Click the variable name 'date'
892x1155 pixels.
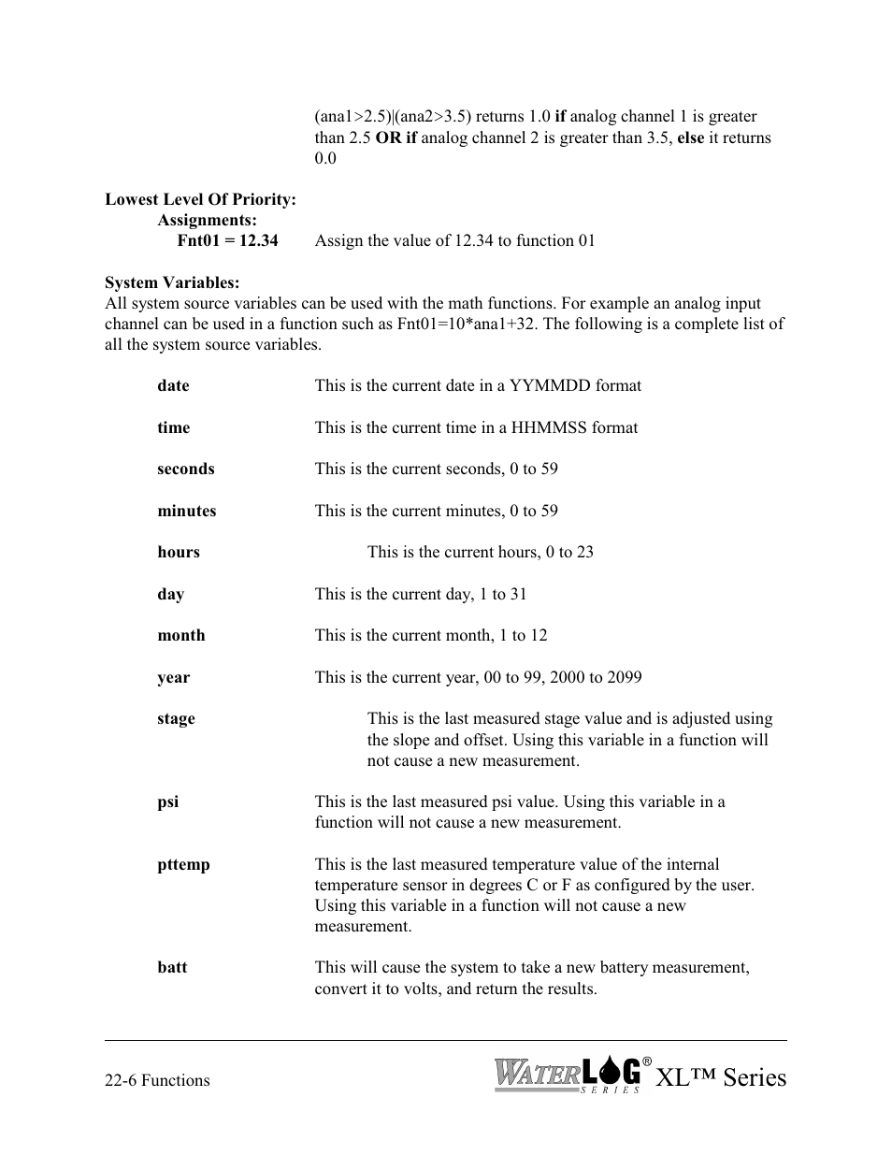coord(173,385)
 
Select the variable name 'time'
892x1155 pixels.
coord(173,427)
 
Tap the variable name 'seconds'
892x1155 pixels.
coord(185,469)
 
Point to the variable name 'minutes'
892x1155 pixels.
coord(186,511)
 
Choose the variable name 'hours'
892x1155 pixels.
coord(178,552)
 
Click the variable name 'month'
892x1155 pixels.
coord(180,635)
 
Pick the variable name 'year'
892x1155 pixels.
coord(173,677)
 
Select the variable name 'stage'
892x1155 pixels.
coord(176,718)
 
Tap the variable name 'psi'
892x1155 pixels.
coord(167,801)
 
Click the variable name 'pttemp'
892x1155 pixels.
coord(183,864)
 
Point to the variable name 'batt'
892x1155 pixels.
coord(172,967)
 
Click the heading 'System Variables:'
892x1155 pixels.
coord(172,282)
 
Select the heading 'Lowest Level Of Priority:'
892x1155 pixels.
coord(200,199)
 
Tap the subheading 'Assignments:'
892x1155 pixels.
coord(207,220)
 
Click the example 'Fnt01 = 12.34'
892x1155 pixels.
coord(227,240)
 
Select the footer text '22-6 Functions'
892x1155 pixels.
coord(157,1080)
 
